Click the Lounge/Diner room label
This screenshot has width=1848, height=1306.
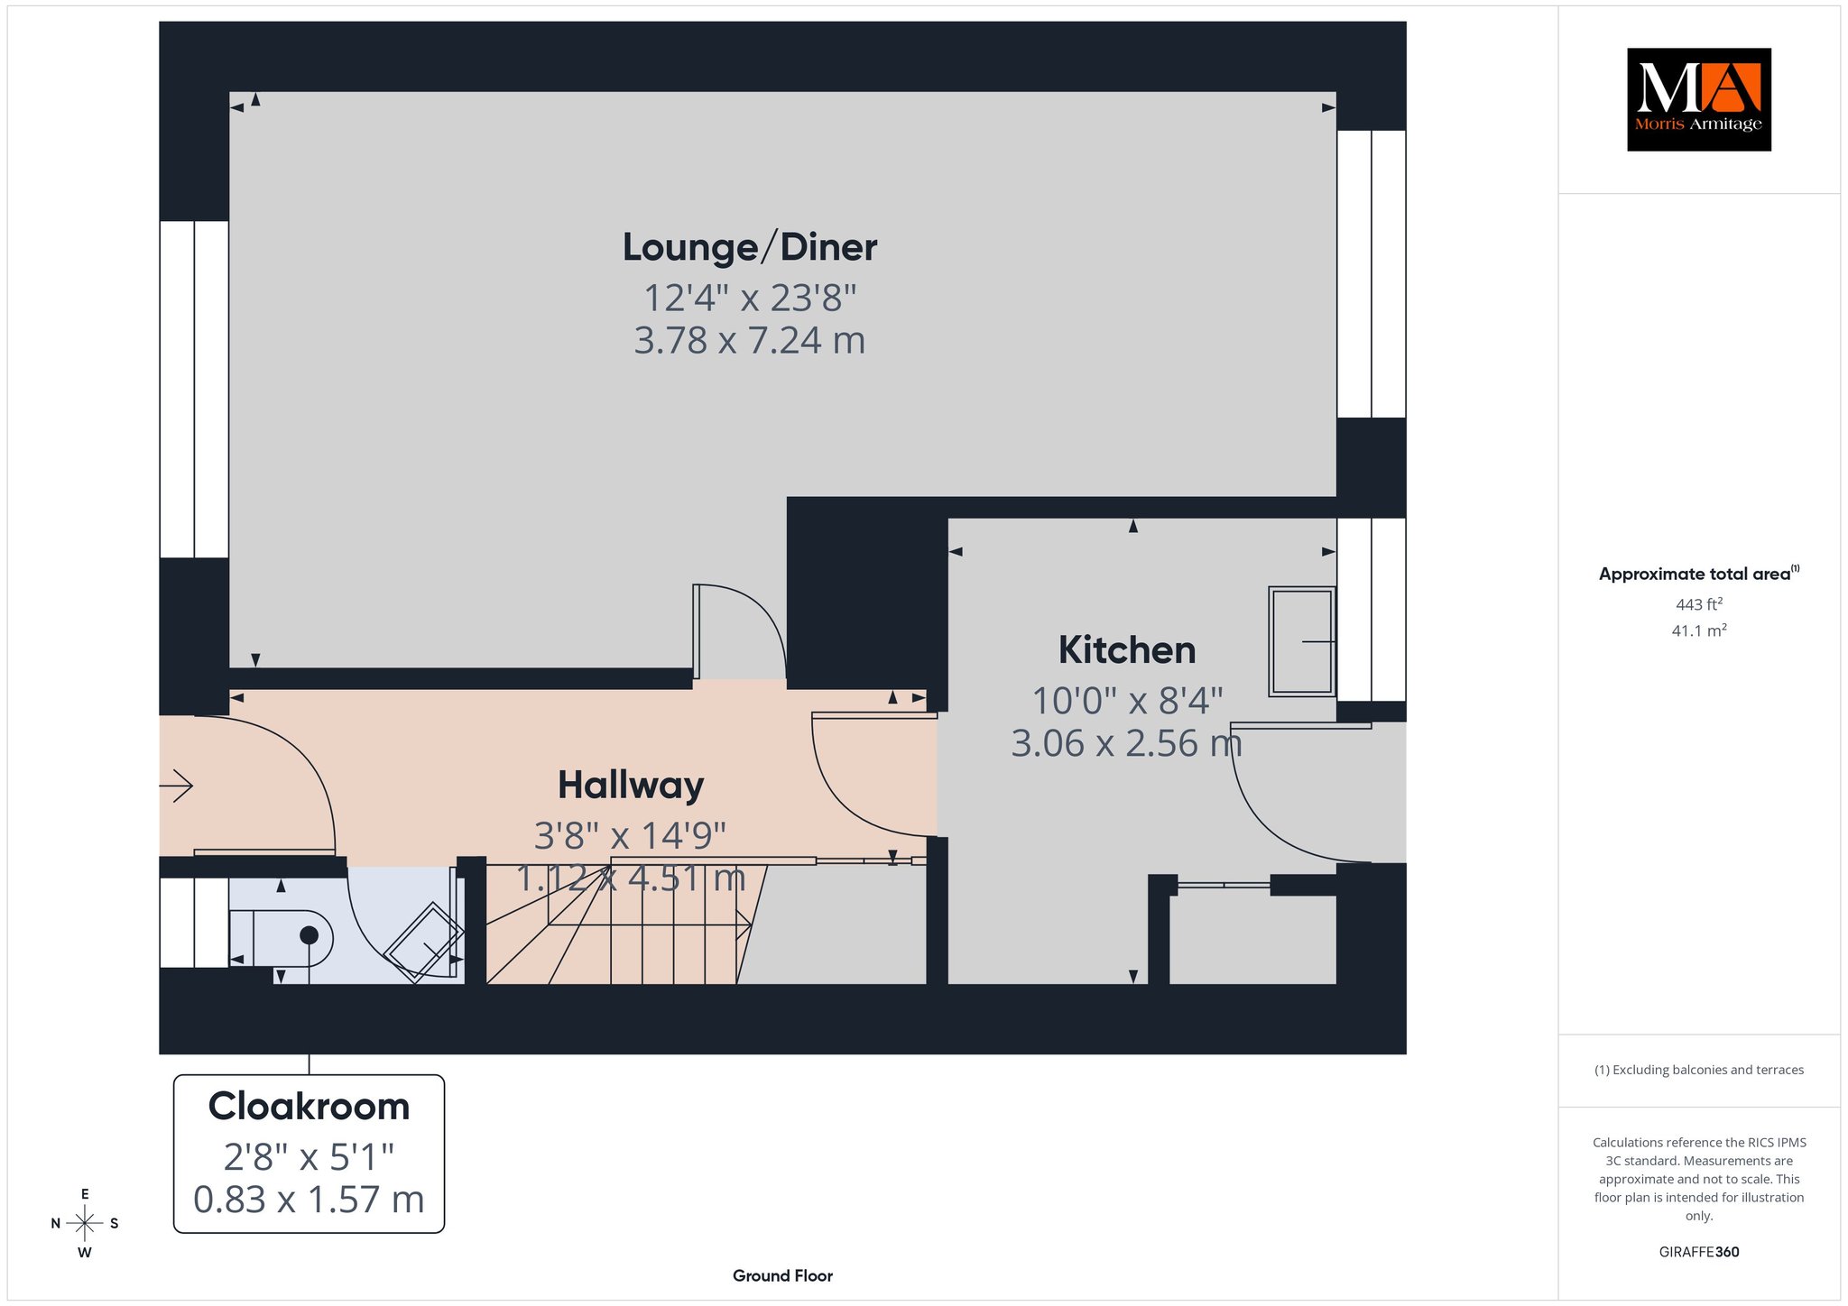pyautogui.click(x=750, y=247)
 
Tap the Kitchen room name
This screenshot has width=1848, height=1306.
pyautogui.click(x=1127, y=649)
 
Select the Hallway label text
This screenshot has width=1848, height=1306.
pyautogui.click(x=631, y=786)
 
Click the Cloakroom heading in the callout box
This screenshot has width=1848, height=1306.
pyautogui.click(x=309, y=1106)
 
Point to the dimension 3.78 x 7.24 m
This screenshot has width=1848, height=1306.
pyautogui.click(x=750, y=340)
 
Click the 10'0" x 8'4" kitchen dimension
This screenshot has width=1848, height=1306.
pyautogui.click(x=1127, y=700)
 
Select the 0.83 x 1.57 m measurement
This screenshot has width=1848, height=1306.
pyautogui.click(x=309, y=1200)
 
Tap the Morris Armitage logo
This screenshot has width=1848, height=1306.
pyautogui.click(x=1698, y=99)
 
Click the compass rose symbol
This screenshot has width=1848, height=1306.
pyautogui.click(x=85, y=1223)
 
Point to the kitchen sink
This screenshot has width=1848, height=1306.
pyautogui.click(x=1302, y=641)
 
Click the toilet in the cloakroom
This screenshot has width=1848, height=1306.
pyautogui.click(x=281, y=938)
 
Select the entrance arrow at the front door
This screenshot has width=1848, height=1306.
pyautogui.click(x=176, y=786)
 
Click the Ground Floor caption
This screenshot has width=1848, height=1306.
pyautogui.click(x=782, y=1275)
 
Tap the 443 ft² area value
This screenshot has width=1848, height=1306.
pyautogui.click(x=1699, y=604)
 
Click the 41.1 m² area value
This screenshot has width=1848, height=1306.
pyautogui.click(x=1699, y=630)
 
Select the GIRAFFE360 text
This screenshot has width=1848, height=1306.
pyautogui.click(x=1699, y=1252)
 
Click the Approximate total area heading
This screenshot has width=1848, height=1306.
pyautogui.click(x=1699, y=574)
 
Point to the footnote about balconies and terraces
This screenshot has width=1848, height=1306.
pyautogui.click(x=1699, y=1070)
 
